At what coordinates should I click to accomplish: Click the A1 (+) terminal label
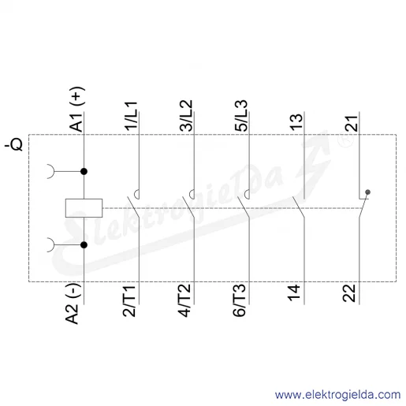tap(76, 110)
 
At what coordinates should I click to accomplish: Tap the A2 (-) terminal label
tap(73, 304)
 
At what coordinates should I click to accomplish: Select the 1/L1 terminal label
tap(131, 116)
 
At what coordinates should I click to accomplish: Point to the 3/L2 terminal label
tap(186, 116)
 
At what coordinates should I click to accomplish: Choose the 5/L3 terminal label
tap(241, 116)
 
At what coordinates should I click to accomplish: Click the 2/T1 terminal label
tap(129, 301)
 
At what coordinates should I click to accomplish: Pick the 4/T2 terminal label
tap(184, 301)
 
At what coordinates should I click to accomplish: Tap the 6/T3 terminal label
tap(240, 301)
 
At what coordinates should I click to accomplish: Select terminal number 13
tap(296, 122)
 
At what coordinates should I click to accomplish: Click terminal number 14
tap(294, 292)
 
